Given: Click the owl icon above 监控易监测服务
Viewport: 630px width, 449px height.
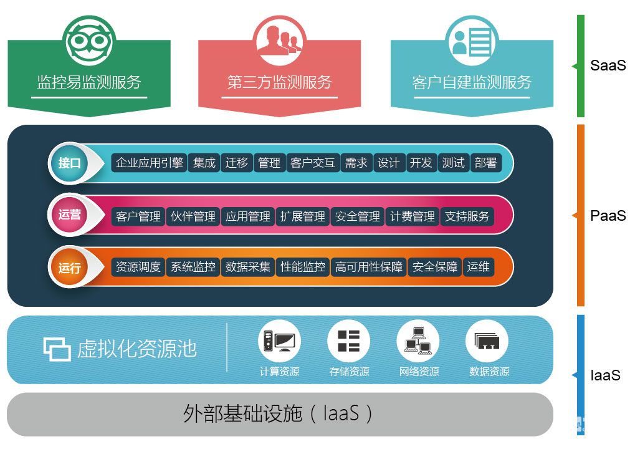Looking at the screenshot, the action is tap(89, 41).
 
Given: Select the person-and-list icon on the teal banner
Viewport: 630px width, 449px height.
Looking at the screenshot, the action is tap(472, 41).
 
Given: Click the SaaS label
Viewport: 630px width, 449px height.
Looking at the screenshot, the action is tap(608, 65).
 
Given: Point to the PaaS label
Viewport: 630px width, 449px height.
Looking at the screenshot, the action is tap(608, 216).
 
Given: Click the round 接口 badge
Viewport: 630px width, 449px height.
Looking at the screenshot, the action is tap(70, 163).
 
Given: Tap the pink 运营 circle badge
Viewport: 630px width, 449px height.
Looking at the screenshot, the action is tap(70, 215).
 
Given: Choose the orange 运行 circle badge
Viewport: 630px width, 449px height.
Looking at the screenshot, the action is tap(70, 268).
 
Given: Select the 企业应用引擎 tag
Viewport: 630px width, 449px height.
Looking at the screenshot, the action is tap(149, 163).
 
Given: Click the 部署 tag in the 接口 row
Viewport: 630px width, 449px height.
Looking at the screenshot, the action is tap(485, 163).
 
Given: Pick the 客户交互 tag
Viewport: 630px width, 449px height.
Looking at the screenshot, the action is tap(313, 163).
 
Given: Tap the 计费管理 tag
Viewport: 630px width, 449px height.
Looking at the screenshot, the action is tap(413, 216).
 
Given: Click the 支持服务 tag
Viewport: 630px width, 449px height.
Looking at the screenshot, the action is tap(467, 216).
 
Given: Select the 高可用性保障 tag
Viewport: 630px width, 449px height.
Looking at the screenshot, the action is tap(369, 267).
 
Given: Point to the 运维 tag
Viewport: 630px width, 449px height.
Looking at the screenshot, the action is tap(478, 267).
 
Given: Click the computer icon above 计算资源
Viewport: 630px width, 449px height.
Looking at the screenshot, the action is tap(279, 341).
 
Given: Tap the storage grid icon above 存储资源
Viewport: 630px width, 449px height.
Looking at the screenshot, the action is tap(349, 341).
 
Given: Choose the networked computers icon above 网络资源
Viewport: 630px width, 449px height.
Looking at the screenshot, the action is tap(418, 341).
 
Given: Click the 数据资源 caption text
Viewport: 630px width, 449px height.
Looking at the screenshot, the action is tap(489, 372).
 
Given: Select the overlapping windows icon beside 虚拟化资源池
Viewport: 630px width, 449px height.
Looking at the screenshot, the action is tap(57, 349).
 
